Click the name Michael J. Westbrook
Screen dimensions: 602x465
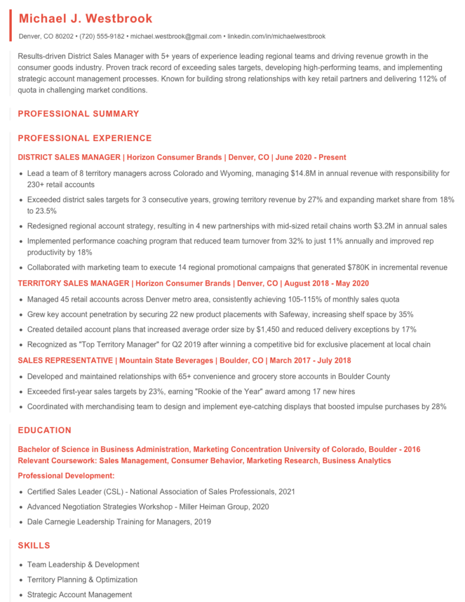point(85,19)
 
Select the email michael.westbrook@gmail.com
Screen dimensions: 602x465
point(176,36)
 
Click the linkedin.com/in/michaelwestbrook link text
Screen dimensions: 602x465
point(276,36)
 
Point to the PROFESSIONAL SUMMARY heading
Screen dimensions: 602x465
point(78,113)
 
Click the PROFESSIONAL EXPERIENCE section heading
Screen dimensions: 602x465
point(85,138)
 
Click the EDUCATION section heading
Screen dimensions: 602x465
point(45,430)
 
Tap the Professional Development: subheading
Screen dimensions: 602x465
point(66,476)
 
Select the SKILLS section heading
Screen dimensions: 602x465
point(34,546)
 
